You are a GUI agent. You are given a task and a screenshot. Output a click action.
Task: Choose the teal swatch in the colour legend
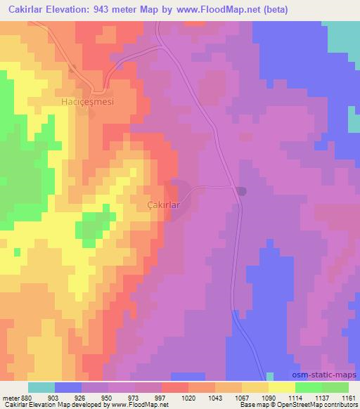(x=41, y=387)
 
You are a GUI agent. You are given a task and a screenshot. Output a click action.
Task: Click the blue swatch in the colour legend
(x=68, y=387)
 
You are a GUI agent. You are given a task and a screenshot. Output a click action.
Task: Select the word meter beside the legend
(x=10, y=397)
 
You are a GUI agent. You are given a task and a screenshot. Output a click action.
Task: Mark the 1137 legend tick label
(x=322, y=397)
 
